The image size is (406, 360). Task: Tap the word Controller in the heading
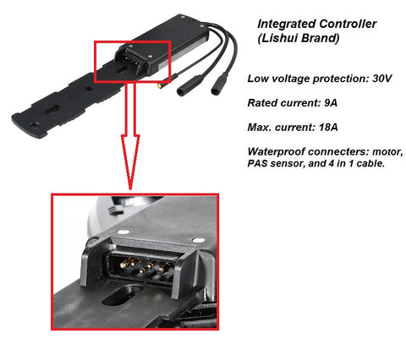coord(348,24)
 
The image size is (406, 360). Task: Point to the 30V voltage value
coord(382,79)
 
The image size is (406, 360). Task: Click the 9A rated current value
coord(331,103)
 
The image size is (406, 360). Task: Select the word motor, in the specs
coord(387,152)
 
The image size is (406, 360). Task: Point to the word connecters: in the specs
coord(338,152)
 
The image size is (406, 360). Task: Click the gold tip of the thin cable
coord(160,85)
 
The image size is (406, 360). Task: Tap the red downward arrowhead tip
coord(130,188)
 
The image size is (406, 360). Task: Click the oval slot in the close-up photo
coord(123,295)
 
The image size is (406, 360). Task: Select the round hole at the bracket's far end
coord(35,125)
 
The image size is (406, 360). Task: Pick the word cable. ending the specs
coord(370,163)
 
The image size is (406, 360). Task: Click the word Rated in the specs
coord(262,103)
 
